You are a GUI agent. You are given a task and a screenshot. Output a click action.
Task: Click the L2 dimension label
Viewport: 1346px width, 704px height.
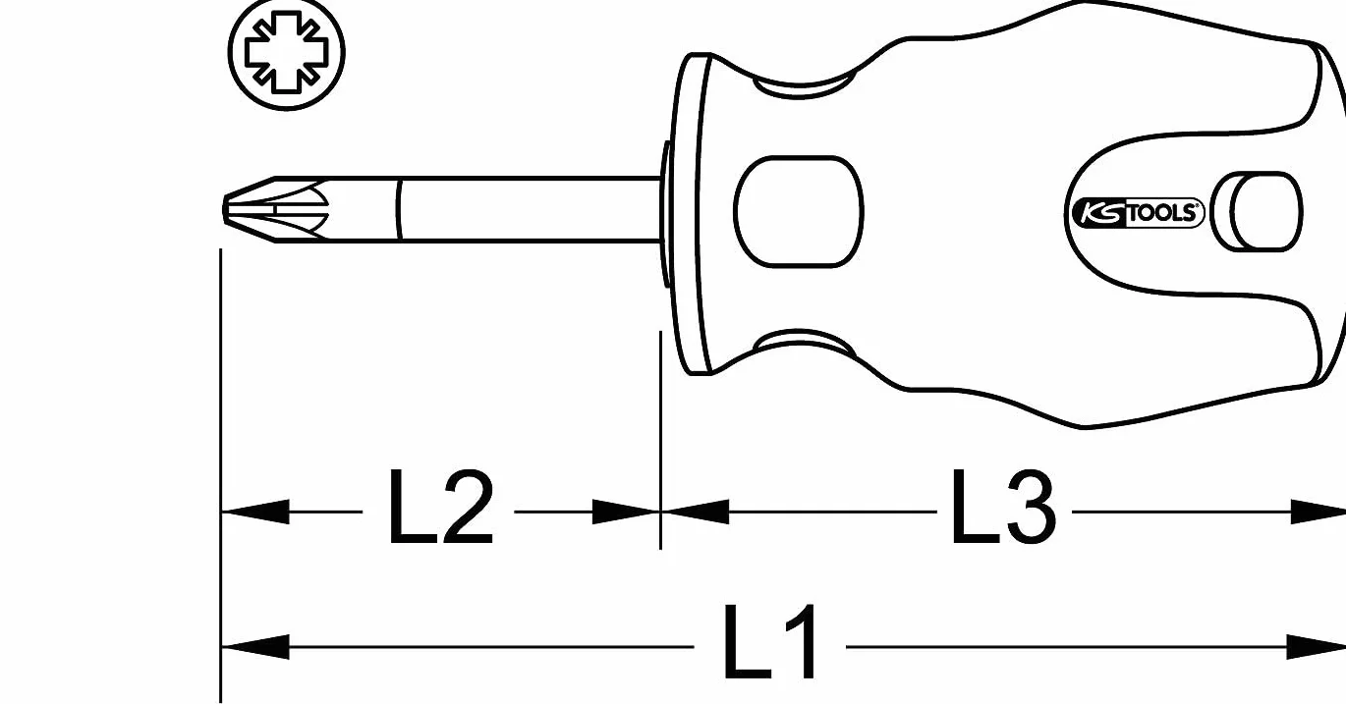pyautogui.click(x=441, y=508)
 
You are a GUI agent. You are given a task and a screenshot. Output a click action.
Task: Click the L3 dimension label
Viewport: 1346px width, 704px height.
pyautogui.click(x=1003, y=508)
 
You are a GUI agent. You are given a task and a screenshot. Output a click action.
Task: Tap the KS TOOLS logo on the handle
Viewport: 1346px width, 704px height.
pyautogui.click(x=1139, y=213)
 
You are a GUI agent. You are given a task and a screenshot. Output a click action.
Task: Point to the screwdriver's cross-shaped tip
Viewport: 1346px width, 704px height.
pyautogui.click(x=276, y=209)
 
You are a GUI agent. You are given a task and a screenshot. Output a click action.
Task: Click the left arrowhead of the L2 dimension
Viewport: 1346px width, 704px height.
pyautogui.click(x=255, y=512)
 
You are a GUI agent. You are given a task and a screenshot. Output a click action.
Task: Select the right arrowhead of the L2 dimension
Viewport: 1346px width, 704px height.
pyautogui.click(x=626, y=512)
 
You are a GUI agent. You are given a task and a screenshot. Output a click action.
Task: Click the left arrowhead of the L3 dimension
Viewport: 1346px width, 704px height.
pyautogui.click(x=696, y=512)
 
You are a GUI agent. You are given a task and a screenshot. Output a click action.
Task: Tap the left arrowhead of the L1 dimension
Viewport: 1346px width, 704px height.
pyautogui.click(x=255, y=647)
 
